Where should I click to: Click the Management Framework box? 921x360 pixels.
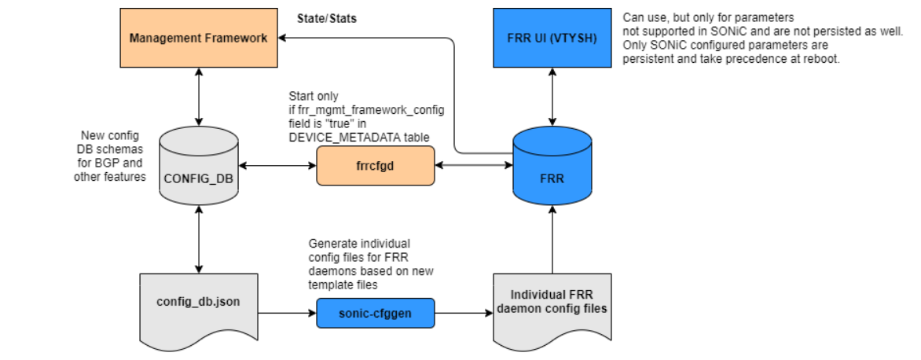pyautogui.click(x=199, y=38)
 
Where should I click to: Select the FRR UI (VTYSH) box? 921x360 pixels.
pyautogui.click(x=552, y=38)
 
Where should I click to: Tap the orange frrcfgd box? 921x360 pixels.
pyautogui.click(x=376, y=166)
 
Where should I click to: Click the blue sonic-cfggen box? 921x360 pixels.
pyautogui.click(x=376, y=314)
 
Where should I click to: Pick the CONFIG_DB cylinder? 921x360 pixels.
pyautogui.click(x=198, y=167)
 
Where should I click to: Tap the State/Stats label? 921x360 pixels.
pyautogui.click(x=327, y=18)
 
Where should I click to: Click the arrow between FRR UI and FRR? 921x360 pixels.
pyautogui.click(x=552, y=97)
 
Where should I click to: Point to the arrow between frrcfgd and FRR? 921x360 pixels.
pyautogui.click(x=474, y=166)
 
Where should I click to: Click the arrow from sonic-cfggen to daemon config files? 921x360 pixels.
pyautogui.click(x=464, y=314)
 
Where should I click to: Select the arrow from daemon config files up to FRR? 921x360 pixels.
pyautogui.click(x=552, y=240)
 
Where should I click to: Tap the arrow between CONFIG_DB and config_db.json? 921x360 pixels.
pyautogui.click(x=199, y=240)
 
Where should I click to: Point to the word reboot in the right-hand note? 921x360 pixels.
pyautogui.click(x=824, y=60)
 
